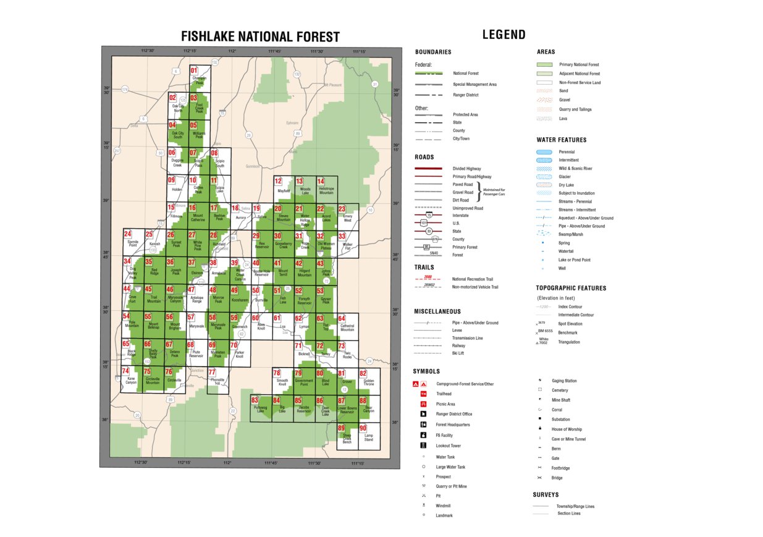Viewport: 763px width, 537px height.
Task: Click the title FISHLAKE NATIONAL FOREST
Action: (260, 37)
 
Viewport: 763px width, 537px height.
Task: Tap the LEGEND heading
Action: (504, 35)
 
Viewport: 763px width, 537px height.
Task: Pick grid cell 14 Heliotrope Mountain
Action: (326, 187)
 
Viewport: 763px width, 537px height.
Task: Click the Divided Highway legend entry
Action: (466, 169)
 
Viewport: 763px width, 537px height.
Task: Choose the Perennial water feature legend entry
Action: (567, 152)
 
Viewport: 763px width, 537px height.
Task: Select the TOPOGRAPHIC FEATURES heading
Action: (571, 288)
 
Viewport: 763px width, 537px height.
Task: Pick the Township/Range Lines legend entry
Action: (575, 507)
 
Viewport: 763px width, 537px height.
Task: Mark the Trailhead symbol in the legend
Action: (423, 394)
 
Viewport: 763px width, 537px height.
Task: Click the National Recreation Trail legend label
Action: (473, 279)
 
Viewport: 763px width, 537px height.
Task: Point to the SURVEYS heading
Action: (546, 495)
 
